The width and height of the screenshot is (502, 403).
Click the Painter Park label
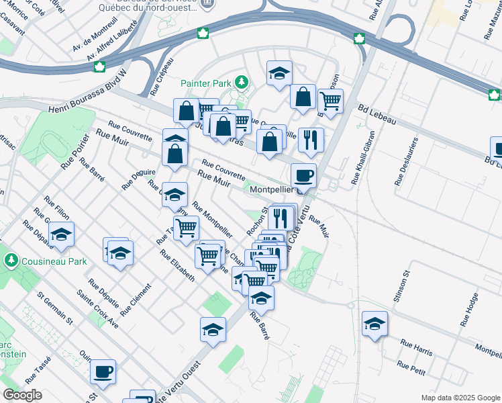pos(205,83)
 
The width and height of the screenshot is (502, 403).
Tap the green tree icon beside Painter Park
pos(242,83)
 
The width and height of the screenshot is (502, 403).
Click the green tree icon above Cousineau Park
pos(11,259)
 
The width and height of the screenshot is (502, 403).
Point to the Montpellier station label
pos(272,190)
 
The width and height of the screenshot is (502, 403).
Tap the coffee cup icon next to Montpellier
pos(304,175)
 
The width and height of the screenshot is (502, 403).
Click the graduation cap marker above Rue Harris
pos(374,324)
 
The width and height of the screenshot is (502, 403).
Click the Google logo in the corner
pos(22,396)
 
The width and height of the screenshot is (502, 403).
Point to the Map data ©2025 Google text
pos(460,398)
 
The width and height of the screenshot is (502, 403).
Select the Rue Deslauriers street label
pos(402,164)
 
